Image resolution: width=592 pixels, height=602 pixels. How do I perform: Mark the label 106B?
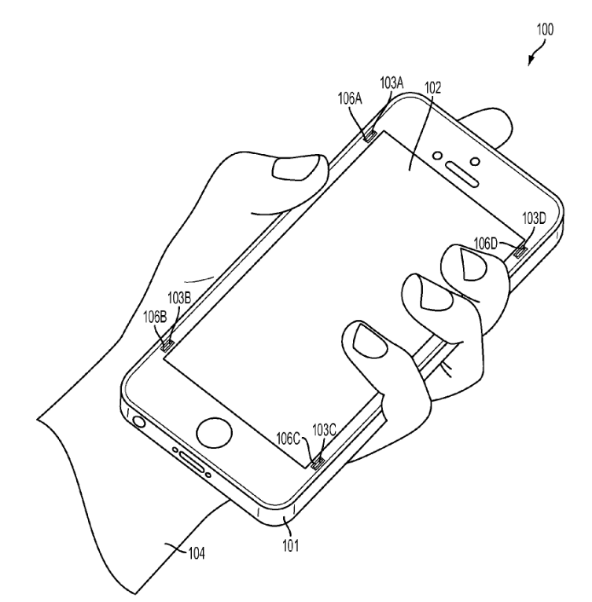[154, 316]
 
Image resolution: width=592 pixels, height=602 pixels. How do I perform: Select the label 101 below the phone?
[291, 542]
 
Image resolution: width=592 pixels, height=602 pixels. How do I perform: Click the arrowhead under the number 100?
[531, 63]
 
